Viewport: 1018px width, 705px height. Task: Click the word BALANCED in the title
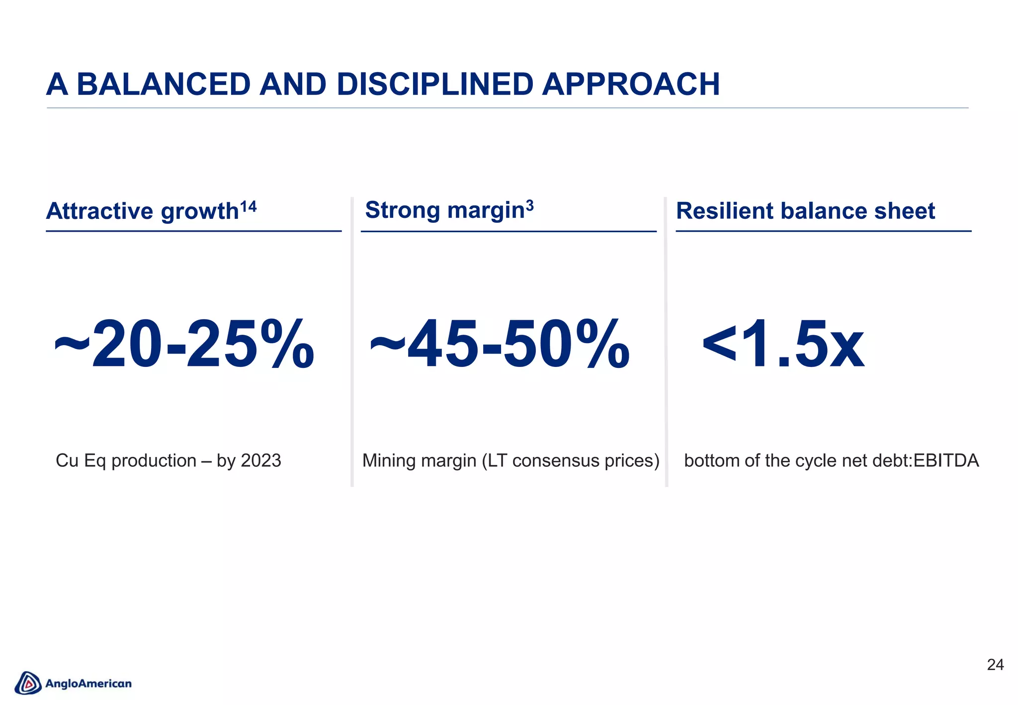164,84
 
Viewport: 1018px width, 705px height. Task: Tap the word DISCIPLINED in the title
435,84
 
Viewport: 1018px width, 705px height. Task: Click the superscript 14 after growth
248,206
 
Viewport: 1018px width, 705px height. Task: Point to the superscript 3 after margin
530,205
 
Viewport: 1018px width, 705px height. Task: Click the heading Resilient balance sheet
805,211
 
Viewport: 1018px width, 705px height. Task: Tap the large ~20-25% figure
184,345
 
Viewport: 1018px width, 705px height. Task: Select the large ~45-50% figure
500,345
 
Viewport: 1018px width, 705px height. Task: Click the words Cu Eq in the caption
81,460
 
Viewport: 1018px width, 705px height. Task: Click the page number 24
995,665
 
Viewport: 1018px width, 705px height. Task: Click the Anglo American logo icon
28,683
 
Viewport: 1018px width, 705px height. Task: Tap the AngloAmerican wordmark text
88,684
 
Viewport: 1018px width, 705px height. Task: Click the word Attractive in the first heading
99,211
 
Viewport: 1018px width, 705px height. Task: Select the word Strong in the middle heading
403,210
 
